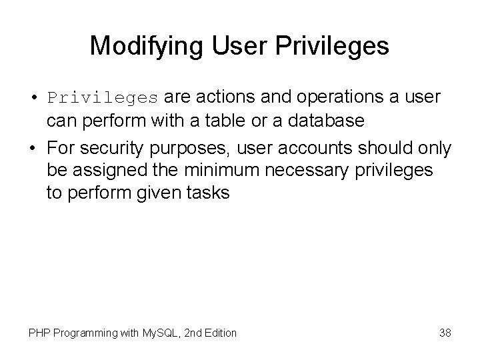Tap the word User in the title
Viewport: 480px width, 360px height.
tap(231, 45)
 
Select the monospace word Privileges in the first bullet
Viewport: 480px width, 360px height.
tap(103, 98)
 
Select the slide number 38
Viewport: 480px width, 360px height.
tap(445, 332)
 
